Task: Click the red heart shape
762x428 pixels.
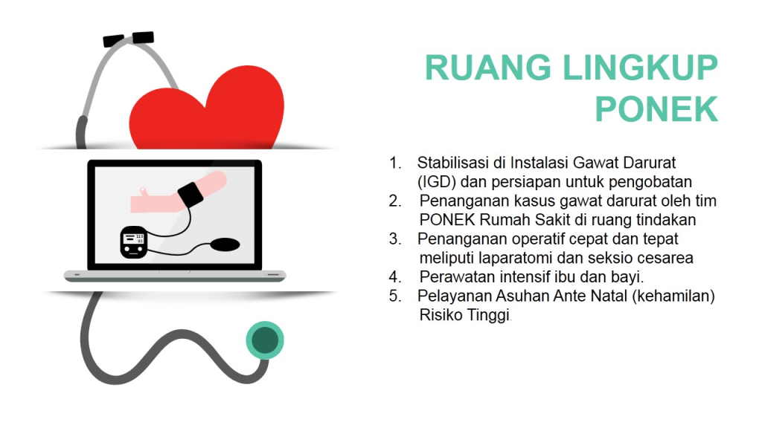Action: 206,111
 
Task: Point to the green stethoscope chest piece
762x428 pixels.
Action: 265,340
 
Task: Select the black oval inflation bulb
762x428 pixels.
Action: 225,243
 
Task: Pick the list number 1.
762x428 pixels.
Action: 394,163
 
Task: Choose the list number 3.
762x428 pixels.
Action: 394,239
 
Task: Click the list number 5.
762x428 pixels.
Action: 394,296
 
